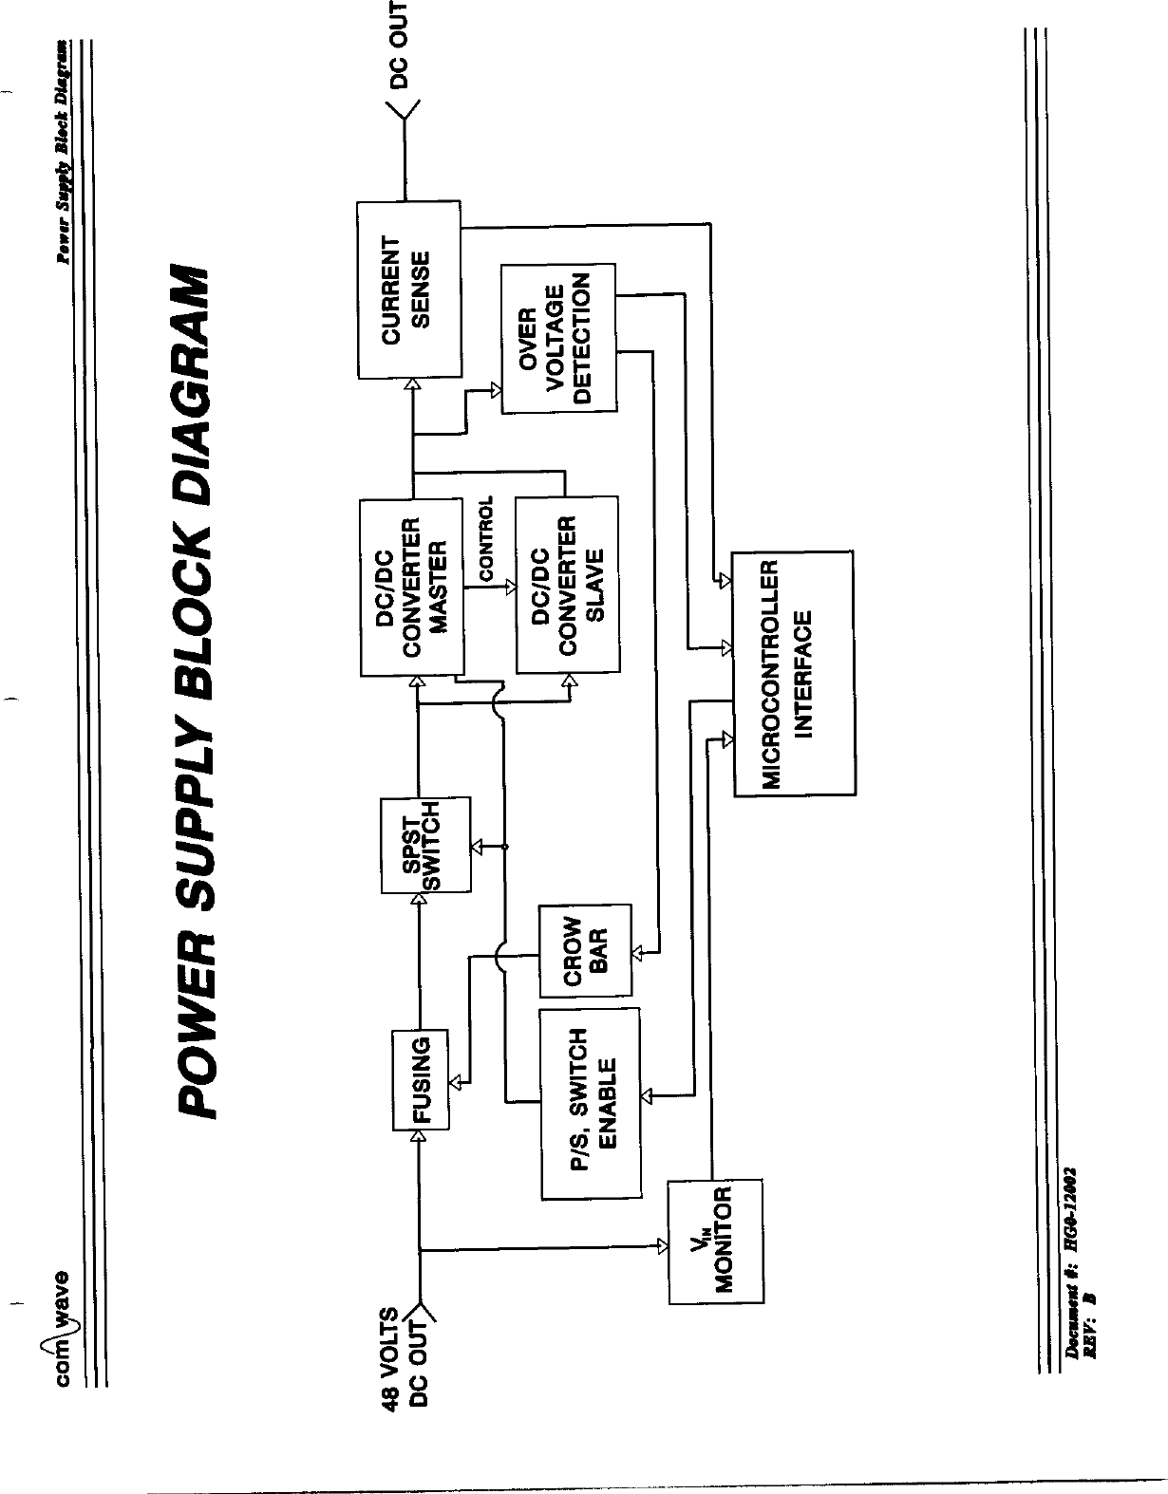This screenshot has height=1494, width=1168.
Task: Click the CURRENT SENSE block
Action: [408, 289]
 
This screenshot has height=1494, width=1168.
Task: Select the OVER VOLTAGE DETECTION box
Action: [558, 339]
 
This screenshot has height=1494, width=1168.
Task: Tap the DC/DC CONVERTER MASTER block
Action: [411, 586]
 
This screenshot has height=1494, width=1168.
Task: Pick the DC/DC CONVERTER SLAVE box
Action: [567, 584]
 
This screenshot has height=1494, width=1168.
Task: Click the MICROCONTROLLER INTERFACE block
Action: [793, 674]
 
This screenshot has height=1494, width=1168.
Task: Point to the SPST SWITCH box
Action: [425, 846]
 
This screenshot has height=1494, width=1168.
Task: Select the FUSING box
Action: [421, 1080]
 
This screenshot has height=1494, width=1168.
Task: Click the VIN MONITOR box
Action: [716, 1241]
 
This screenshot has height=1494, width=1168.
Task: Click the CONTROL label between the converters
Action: [487, 539]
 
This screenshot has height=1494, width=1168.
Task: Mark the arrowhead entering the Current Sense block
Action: [412, 383]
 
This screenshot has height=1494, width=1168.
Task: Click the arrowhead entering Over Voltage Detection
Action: [495, 388]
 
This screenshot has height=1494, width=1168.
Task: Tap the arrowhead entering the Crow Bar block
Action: [638, 951]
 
